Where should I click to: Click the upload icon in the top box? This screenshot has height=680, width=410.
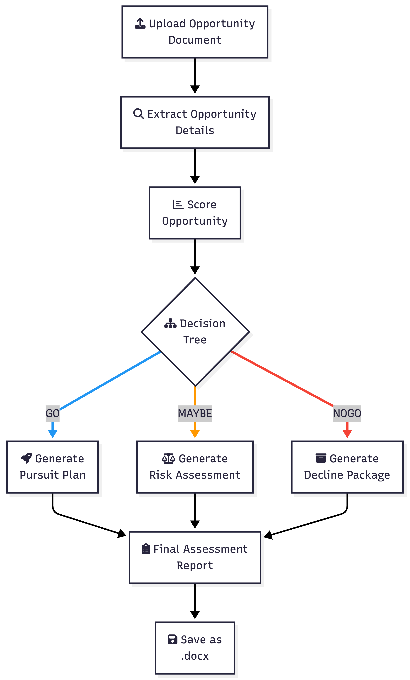[140, 23]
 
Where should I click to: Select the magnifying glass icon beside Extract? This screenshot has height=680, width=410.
[138, 114]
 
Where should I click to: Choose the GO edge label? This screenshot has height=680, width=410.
[52, 413]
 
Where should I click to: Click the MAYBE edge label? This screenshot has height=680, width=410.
[195, 413]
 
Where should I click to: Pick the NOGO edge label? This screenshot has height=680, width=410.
[347, 413]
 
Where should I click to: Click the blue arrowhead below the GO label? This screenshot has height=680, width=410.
[52, 434]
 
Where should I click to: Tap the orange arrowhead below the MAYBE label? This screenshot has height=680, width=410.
[195, 434]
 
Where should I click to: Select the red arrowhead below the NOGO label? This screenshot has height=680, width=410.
[347, 434]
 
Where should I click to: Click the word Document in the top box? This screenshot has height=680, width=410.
[195, 40]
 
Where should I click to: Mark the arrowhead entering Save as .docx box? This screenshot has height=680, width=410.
[195, 615]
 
